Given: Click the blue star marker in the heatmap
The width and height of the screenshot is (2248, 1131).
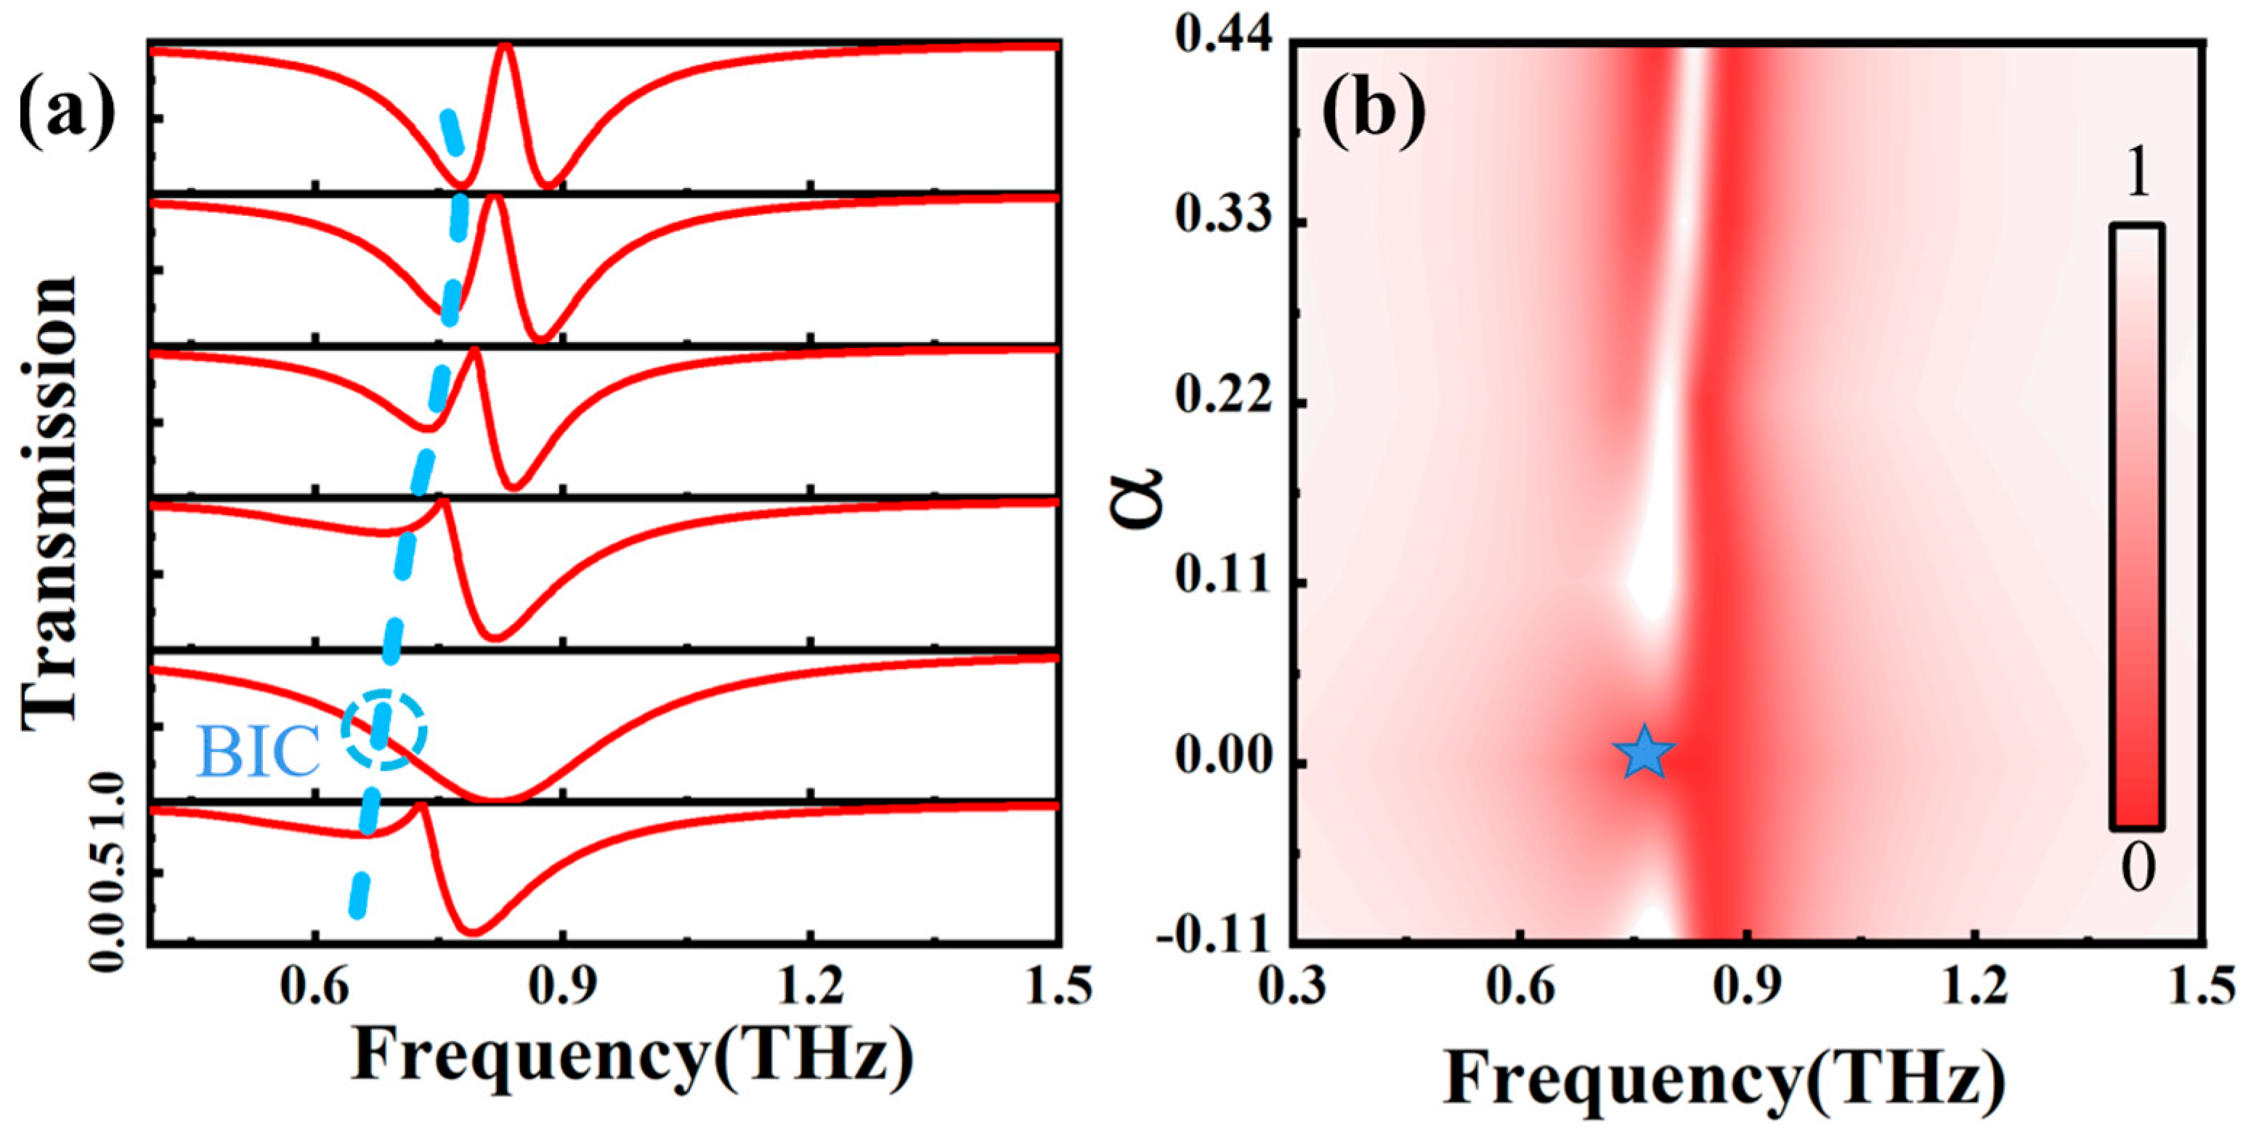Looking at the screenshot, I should point(1643,753).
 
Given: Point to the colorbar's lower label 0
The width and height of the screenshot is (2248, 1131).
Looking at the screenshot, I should point(2138,870).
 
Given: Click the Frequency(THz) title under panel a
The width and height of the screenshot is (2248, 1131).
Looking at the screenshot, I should point(633,1058).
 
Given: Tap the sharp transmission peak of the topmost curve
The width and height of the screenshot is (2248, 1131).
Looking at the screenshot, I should point(504,48).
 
